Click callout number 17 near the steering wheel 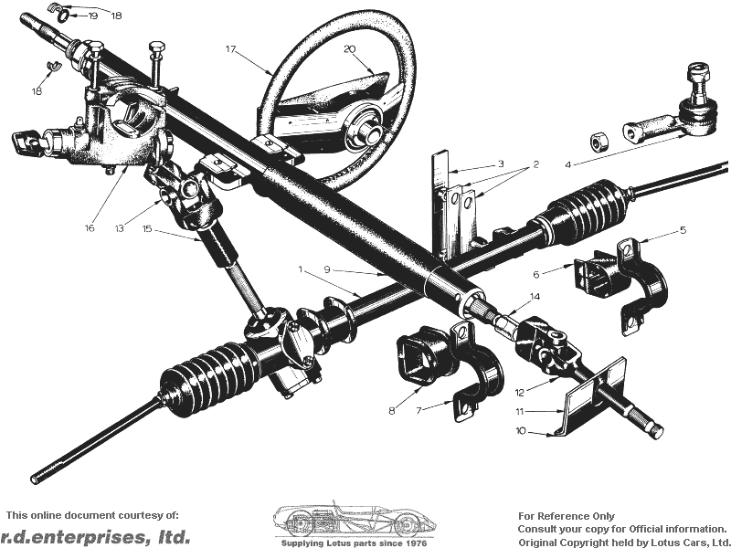click(x=231, y=49)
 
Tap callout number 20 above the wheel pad click(x=350, y=49)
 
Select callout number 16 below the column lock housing click(x=89, y=227)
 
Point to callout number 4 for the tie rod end click(x=567, y=165)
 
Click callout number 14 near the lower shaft click(x=535, y=296)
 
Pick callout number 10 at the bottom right click(x=521, y=431)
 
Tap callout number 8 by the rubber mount click(x=392, y=410)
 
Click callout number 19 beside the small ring click(x=92, y=16)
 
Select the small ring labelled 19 click(x=64, y=16)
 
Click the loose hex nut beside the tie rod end click(x=600, y=142)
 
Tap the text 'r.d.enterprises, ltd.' click(x=95, y=537)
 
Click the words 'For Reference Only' click(x=566, y=516)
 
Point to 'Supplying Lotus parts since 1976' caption click(x=354, y=543)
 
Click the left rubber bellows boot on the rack click(x=210, y=379)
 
